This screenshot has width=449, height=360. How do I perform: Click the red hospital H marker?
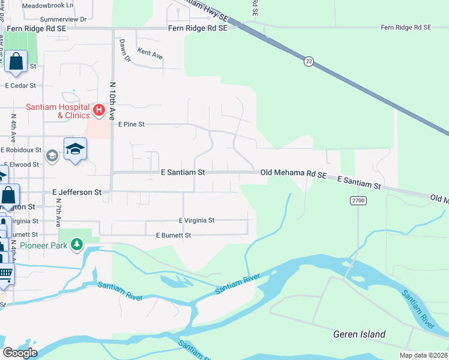pos(100,110)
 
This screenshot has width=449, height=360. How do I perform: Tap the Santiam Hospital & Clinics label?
pos(58,111)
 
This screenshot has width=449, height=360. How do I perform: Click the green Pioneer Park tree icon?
pos(76,245)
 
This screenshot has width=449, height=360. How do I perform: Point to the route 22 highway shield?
pos(309,61)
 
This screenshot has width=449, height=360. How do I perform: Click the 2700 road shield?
pos(358,200)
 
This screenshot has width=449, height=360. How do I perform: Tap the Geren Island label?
pos(360,334)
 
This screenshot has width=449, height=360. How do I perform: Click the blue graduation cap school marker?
pos(76,149)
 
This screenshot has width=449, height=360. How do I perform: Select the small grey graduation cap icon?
pos(52,155)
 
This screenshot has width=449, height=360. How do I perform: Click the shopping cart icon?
pos(5,274)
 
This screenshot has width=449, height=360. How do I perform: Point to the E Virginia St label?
pos(196,221)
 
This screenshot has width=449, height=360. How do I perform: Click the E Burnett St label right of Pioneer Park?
pos(173,235)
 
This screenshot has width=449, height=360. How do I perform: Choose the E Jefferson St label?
pos(77,193)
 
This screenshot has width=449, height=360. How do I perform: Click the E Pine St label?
pos(131,125)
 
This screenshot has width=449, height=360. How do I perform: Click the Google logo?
pos(20,353)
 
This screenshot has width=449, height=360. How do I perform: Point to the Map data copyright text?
pos(423,355)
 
